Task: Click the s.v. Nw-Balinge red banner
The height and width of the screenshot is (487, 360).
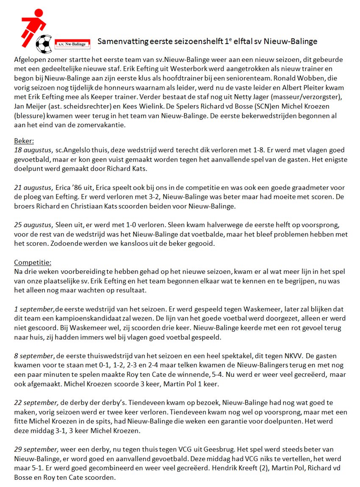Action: [x=72, y=43]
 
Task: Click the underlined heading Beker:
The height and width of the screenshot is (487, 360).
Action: [x=24, y=141]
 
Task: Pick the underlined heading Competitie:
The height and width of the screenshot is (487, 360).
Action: [x=33, y=262]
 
